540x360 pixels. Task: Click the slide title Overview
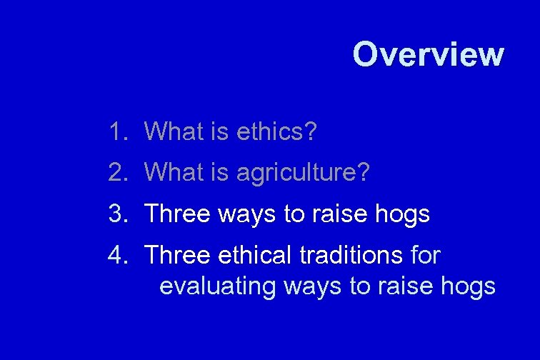coord(428,54)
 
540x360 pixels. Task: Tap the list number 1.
coord(116,131)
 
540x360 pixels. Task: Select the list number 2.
coord(116,172)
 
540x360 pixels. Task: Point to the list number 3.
coord(116,214)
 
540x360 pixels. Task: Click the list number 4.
coord(116,255)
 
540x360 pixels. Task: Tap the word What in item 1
coord(173,131)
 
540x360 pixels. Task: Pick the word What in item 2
coord(173,172)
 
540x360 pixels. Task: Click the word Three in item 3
coord(177,214)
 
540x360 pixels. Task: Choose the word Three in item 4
coord(177,255)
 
